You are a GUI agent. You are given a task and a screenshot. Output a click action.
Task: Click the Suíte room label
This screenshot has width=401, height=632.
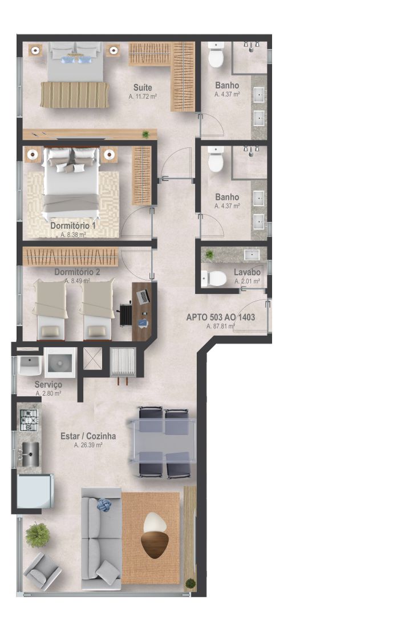click(143, 87)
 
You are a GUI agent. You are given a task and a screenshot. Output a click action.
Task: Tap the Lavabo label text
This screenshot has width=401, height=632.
click(247, 272)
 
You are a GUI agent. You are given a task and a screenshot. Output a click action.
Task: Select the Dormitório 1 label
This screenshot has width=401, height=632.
click(73, 226)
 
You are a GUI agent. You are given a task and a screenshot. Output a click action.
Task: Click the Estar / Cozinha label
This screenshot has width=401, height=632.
click(88, 436)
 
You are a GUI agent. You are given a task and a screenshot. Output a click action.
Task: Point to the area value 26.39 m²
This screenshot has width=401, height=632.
click(88, 445)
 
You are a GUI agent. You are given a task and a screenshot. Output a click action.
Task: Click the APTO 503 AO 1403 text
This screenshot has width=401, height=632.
click(221, 317)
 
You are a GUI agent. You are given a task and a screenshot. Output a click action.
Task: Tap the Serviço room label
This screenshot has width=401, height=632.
click(48, 385)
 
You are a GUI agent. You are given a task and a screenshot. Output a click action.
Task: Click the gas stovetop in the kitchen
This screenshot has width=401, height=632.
click(29, 420)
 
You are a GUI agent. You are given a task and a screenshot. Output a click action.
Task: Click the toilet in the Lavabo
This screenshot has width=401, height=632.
click(214, 278)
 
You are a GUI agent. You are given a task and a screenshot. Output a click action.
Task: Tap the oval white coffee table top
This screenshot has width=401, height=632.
click(155, 523)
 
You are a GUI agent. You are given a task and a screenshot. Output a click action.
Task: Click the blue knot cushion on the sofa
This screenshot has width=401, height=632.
click(104, 505)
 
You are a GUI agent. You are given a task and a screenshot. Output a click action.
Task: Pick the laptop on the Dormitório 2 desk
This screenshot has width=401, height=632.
click(143, 297)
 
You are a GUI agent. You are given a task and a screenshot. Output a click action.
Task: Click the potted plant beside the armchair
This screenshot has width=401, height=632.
click(38, 535)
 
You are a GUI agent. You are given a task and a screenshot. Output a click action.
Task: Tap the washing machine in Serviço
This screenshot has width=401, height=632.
click(60, 363)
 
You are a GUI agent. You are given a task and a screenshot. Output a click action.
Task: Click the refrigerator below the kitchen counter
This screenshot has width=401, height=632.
click(35, 492)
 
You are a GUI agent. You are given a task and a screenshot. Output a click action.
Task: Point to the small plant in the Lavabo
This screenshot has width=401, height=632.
click(209, 254)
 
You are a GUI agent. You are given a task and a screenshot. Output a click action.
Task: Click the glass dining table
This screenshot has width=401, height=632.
click(162, 442)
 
